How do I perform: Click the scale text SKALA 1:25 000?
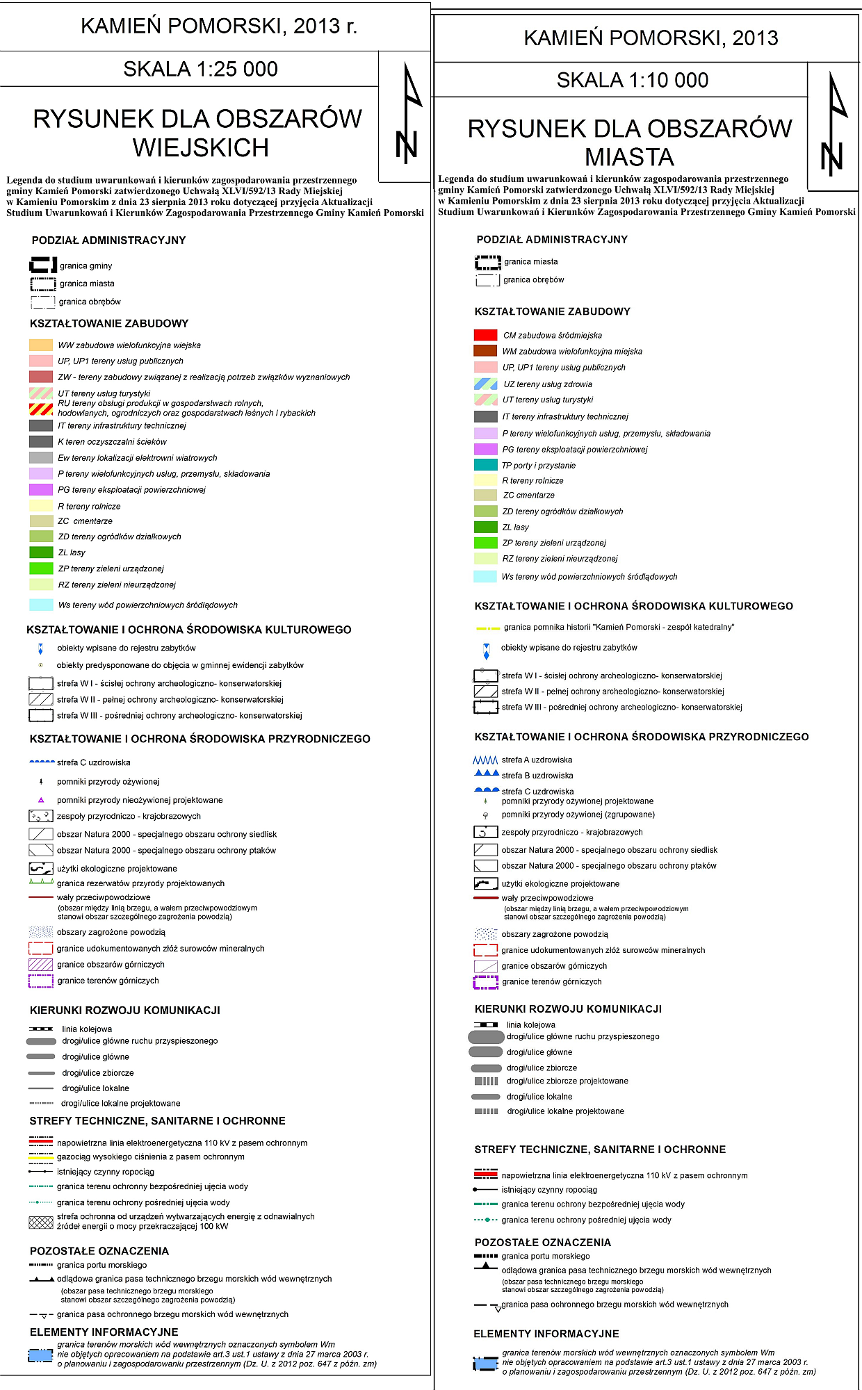200,69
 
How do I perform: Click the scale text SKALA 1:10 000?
632,80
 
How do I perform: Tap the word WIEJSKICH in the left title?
200,148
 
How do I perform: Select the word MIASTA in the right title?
629,157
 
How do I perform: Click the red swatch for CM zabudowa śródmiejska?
485,335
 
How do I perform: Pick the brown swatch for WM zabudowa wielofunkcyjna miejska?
485,351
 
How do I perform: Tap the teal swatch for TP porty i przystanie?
485,465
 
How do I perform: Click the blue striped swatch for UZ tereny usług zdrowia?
485,384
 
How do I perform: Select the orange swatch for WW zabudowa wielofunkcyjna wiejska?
41,345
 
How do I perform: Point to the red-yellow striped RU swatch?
41,409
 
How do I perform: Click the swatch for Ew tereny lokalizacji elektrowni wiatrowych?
41,457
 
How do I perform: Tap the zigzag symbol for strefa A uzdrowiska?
485,760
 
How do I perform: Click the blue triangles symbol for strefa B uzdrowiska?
486,774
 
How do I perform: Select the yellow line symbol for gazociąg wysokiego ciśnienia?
41,1157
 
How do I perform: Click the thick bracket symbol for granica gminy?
42,265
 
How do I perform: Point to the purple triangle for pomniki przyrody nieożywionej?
41,800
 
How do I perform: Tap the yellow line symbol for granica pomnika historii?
487,628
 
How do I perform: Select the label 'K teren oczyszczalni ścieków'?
112,441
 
